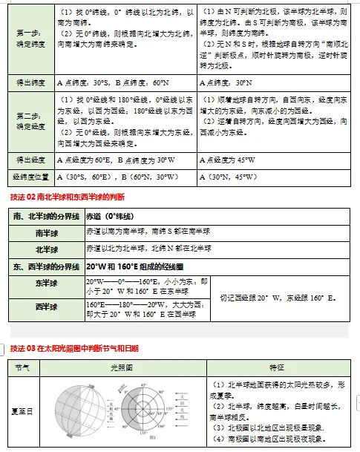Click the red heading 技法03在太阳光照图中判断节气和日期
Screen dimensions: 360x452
74,348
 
